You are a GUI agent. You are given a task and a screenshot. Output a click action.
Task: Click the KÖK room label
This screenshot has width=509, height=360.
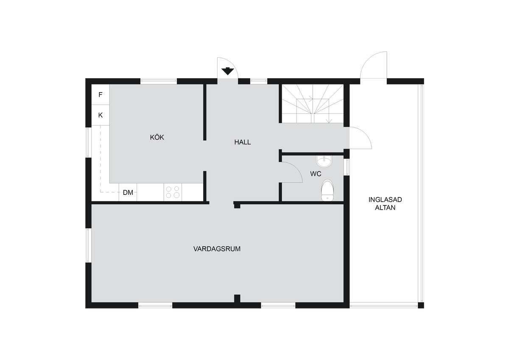click(157, 137)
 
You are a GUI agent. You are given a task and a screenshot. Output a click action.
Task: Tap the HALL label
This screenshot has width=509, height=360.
click(243, 142)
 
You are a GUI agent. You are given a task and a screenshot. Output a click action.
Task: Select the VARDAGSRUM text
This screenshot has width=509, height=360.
click(217, 249)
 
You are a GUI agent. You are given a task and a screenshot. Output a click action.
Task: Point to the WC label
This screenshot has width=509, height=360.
click(316, 174)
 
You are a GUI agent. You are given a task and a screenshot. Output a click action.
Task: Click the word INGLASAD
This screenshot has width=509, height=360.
click(385, 200)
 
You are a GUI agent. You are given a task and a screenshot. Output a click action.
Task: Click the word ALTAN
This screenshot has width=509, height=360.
click(385, 208)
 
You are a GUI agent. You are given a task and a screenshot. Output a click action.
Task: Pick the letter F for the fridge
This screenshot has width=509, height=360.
click(101, 95)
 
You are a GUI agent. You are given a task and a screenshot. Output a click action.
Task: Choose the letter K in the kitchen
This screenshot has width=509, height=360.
click(101, 115)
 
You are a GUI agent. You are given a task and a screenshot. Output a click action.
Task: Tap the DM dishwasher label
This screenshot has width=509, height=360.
click(128, 193)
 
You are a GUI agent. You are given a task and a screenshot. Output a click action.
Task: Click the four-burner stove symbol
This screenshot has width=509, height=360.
click(173, 192)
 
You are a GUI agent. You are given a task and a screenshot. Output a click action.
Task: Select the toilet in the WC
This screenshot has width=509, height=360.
click(327, 190)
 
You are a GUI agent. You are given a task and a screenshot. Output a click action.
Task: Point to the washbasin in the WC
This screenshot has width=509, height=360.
click(324, 161)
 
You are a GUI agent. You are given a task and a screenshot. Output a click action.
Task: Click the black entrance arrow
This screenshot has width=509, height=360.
click(228, 71)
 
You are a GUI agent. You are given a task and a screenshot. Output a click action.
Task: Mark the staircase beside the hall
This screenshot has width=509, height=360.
click(313, 104)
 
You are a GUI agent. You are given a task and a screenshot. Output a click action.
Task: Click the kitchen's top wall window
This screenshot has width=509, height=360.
click(159, 81)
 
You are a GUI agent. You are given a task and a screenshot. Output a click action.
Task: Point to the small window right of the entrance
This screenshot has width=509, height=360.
click(259, 81)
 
